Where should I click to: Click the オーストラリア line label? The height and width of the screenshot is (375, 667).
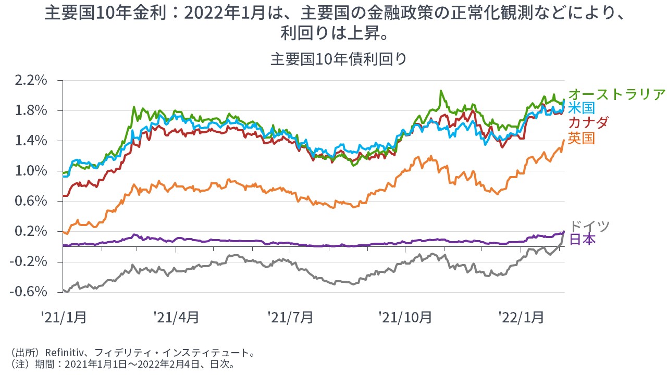coord(617,94)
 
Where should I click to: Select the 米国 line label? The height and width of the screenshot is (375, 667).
coord(582,108)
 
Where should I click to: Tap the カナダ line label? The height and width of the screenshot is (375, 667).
coord(588,123)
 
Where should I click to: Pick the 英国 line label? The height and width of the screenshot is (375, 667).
coord(582,138)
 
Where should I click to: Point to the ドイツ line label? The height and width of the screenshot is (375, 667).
coord(589,227)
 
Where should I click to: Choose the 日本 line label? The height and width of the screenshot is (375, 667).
coord(582,239)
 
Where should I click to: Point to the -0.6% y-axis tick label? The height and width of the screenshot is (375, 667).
coord(29,292)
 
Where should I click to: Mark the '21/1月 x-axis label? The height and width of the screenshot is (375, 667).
coord(64,317)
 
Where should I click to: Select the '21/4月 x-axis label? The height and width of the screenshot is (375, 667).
coord(176,317)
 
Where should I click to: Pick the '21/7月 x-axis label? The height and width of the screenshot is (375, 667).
coord(290,317)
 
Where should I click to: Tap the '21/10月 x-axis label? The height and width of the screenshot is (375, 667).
coord(405,317)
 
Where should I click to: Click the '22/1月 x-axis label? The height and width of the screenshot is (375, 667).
coord(521,317)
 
